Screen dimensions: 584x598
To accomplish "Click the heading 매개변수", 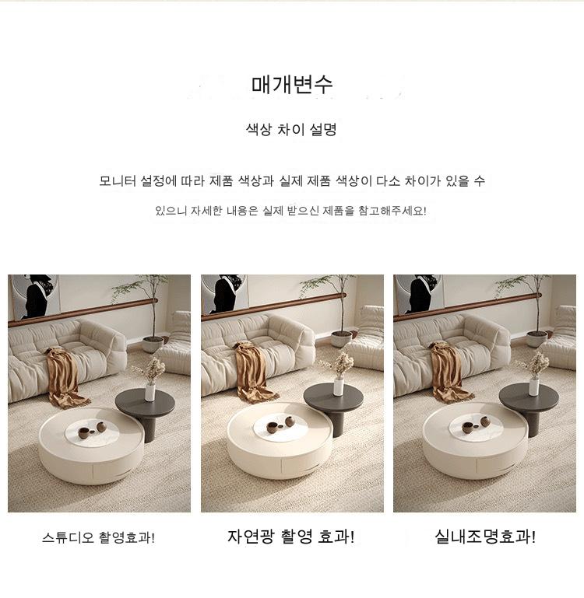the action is point(292,85).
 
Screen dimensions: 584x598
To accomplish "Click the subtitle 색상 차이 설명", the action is point(291,130).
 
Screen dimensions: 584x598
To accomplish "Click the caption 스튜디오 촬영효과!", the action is point(99,538).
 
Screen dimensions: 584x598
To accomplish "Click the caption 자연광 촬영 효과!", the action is point(291,537).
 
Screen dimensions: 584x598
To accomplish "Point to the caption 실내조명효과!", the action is point(485,537).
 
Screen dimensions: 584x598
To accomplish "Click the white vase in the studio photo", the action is point(150,393).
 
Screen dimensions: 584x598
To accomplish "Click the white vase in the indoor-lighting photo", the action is point(534,386).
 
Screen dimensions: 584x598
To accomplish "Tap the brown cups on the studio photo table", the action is point(92,430).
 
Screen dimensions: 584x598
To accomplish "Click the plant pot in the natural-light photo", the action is point(342,339).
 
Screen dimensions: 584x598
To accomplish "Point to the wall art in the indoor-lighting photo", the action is point(419,295).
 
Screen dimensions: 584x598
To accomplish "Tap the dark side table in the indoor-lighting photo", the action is point(529,405).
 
